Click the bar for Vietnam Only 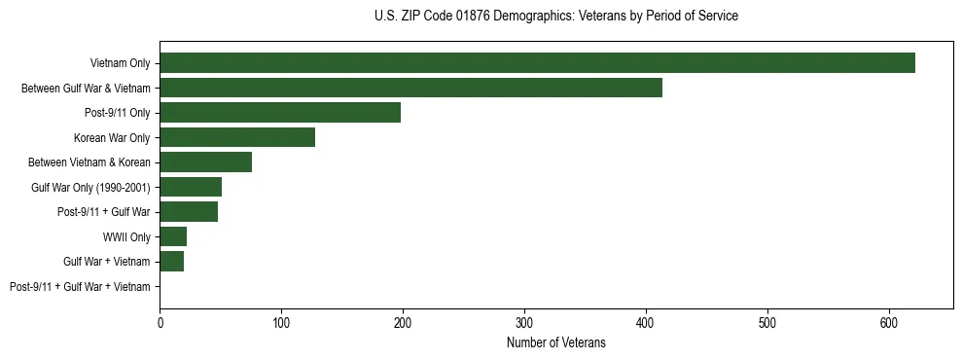(537, 63)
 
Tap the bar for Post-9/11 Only (280, 113)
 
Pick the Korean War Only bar (237, 137)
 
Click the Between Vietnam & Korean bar (205, 162)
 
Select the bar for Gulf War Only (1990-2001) (191, 187)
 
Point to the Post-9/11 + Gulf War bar (189, 212)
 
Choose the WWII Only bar (173, 236)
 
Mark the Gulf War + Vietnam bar (171, 262)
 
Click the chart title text (555, 17)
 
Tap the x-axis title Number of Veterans (555, 343)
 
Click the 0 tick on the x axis (160, 323)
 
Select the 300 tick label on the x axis (524, 323)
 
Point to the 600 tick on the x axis (889, 323)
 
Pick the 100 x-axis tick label (281, 323)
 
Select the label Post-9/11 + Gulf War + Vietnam (80, 287)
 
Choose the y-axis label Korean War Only (112, 137)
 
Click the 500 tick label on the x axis (767, 323)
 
